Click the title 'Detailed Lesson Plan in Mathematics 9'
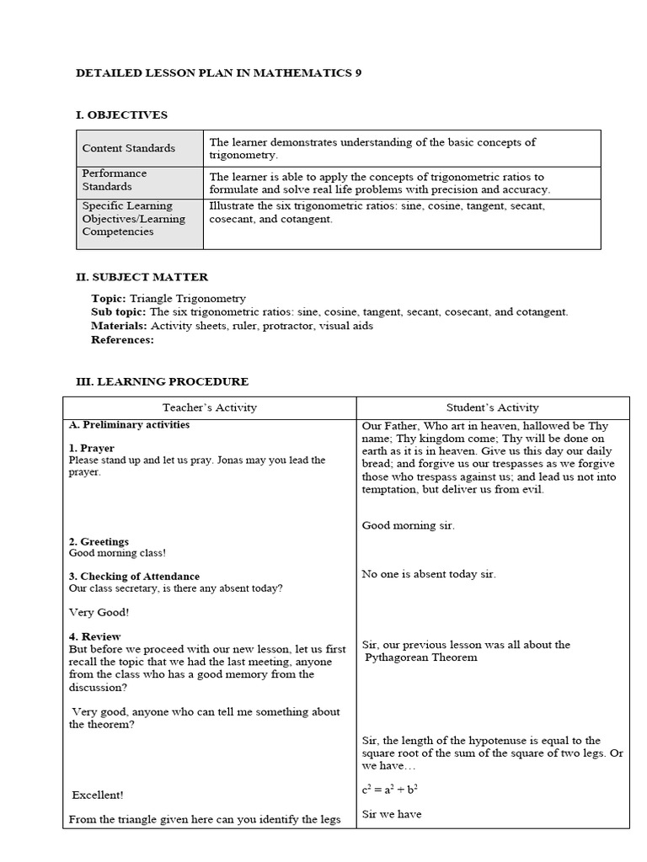coord(219,73)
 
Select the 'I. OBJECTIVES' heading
coord(122,115)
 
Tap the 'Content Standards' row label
coord(129,148)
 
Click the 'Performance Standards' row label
coord(115,180)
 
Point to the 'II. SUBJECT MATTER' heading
coord(142,277)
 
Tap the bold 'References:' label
coord(122,339)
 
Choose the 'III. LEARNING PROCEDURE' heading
coord(163,381)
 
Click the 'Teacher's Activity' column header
coord(210,407)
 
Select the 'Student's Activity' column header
coord(493,407)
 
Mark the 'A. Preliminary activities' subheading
coord(129,425)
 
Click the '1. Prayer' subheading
coord(92,448)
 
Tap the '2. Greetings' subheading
coord(99,541)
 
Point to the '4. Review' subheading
coord(95,636)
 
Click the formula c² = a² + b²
coord(390,790)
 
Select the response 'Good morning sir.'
coord(409,525)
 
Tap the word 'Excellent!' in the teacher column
coord(98,795)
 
